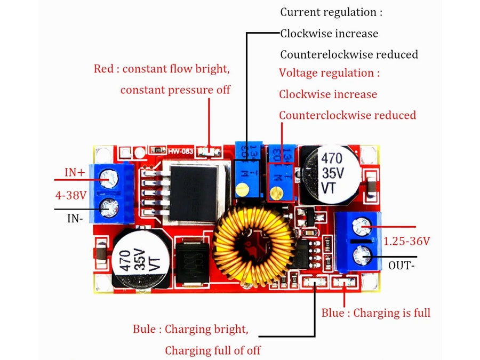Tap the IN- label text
pos(75,218)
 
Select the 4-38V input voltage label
pos(71,195)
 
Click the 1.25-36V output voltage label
pos(406,241)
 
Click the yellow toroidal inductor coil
pos(254,245)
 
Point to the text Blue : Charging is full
pos(375,313)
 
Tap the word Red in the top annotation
pos(103,69)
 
